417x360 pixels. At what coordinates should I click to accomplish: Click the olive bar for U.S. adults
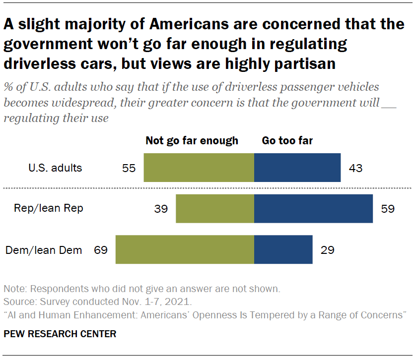tap(199, 168)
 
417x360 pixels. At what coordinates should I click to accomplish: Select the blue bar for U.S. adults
tap(297, 168)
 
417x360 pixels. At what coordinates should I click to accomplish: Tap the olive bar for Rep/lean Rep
tap(215, 208)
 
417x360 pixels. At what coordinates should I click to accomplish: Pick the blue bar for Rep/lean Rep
tap(313, 208)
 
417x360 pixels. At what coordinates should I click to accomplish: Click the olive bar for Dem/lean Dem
tap(185, 249)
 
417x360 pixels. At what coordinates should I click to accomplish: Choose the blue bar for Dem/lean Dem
tap(283, 249)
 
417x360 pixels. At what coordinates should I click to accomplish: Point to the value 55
tap(129, 168)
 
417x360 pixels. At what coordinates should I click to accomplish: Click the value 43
tap(355, 168)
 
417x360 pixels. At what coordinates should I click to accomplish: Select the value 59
tap(387, 209)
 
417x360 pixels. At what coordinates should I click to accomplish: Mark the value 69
tap(101, 250)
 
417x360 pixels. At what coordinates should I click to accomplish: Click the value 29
tap(327, 250)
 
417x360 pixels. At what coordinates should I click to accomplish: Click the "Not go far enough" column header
tap(192, 141)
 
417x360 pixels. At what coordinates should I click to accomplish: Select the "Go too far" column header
tap(287, 141)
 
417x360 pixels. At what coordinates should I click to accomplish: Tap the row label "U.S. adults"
tap(55, 168)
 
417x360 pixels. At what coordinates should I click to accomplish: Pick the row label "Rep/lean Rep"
tap(49, 208)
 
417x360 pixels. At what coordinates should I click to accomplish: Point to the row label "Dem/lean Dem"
tap(44, 250)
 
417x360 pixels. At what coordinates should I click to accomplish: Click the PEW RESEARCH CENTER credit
tap(60, 334)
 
